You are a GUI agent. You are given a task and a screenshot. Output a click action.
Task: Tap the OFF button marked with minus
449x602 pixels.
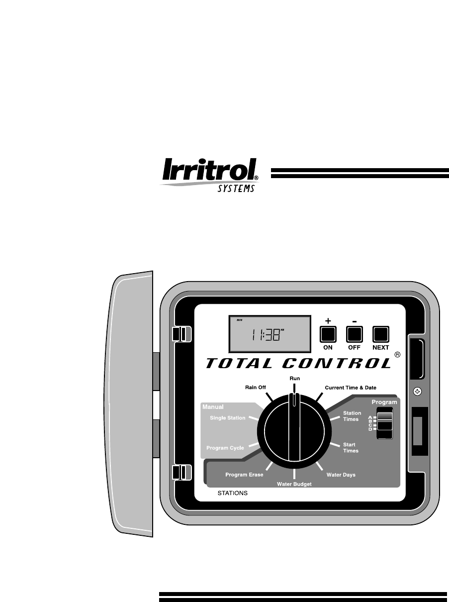coord(354,333)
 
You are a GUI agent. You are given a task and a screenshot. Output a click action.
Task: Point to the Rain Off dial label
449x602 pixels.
coord(256,387)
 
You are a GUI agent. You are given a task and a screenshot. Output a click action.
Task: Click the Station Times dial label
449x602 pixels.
coord(352,416)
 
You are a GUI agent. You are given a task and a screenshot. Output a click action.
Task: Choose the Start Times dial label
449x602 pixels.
coord(351,447)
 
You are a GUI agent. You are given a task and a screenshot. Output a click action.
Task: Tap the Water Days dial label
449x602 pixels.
coord(341,475)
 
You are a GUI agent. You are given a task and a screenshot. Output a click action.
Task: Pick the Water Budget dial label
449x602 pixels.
coord(294,484)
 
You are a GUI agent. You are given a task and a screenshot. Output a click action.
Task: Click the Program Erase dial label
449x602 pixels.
coord(244,475)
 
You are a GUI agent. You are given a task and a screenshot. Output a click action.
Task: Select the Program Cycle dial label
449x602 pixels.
coord(225,448)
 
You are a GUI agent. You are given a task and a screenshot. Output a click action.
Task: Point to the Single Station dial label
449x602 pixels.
coord(227,418)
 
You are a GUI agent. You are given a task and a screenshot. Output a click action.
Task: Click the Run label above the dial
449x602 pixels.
coord(295,378)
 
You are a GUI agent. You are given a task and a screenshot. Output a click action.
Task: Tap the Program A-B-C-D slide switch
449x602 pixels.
coord(384,423)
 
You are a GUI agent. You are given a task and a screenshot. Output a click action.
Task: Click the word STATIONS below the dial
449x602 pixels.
coord(233,494)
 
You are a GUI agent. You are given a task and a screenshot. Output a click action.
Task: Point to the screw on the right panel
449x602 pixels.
coord(418,391)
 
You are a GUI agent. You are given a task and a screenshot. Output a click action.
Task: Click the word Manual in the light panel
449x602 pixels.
coord(213,406)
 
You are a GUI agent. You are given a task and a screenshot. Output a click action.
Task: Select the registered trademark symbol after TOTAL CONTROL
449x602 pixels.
coord(397,355)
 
